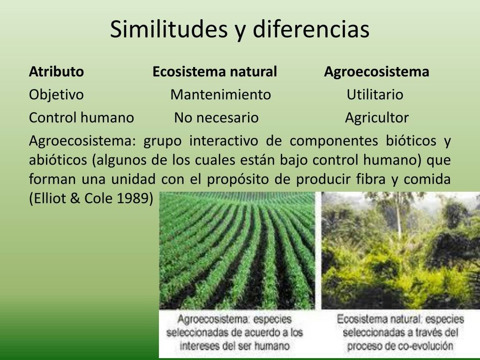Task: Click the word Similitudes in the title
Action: click(169, 29)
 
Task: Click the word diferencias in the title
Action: click(311, 29)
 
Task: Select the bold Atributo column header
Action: click(56, 72)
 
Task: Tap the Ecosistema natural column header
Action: click(215, 72)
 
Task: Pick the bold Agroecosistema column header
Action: click(376, 72)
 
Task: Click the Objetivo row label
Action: click(56, 95)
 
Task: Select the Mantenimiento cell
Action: click(221, 94)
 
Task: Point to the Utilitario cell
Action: click(375, 94)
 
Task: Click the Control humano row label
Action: click(82, 118)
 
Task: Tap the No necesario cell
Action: click(217, 118)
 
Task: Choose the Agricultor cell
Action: click(377, 118)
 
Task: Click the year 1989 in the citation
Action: click(135, 198)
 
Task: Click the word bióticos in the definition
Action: click(411, 141)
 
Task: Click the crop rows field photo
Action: click(237, 250)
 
